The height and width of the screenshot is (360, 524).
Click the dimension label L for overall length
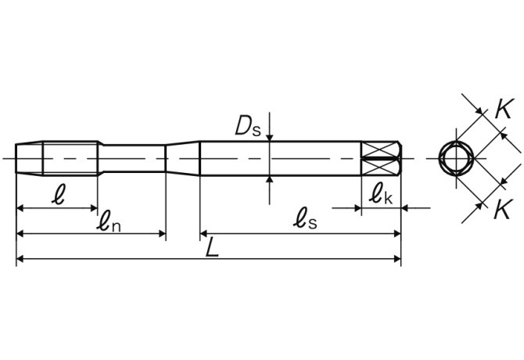click(x=212, y=248)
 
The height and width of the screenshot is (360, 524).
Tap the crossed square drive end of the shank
click(x=381, y=159)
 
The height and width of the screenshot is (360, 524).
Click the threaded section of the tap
click(x=70, y=158)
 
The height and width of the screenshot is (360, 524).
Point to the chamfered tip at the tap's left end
click(x=28, y=158)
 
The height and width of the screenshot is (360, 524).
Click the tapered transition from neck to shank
click(x=183, y=158)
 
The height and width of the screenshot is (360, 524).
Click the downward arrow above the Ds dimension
click(x=270, y=136)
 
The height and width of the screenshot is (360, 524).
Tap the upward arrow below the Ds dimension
click(x=270, y=181)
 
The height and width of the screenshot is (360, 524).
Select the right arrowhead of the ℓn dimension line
click(x=161, y=233)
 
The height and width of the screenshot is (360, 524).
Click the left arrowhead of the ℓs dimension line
click(x=205, y=233)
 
